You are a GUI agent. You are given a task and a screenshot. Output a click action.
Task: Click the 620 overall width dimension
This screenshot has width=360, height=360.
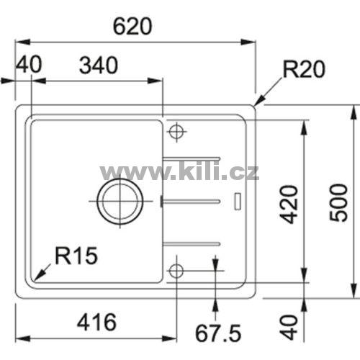click(x=132, y=26)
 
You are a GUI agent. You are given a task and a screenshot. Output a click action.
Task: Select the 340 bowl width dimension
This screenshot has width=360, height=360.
click(x=99, y=66)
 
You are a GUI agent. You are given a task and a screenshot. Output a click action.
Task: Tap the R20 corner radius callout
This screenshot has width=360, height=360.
click(x=304, y=69)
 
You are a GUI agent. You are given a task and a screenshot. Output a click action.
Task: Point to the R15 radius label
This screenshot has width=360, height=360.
click(x=76, y=256)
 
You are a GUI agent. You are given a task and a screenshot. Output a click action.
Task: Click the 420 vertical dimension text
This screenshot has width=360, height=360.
click(x=289, y=204)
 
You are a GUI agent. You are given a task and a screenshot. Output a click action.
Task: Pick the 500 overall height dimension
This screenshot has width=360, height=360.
click(x=338, y=203)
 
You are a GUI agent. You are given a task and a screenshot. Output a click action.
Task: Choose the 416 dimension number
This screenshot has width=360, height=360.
click(x=96, y=322)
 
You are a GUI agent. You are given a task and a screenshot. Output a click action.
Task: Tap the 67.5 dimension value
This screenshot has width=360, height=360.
click(x=218, y=333)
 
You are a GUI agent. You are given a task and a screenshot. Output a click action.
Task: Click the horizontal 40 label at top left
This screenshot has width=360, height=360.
click(x=29, y=64)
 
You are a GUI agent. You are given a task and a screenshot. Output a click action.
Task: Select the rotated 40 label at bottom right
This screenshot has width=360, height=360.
click(x=289, y=328)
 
